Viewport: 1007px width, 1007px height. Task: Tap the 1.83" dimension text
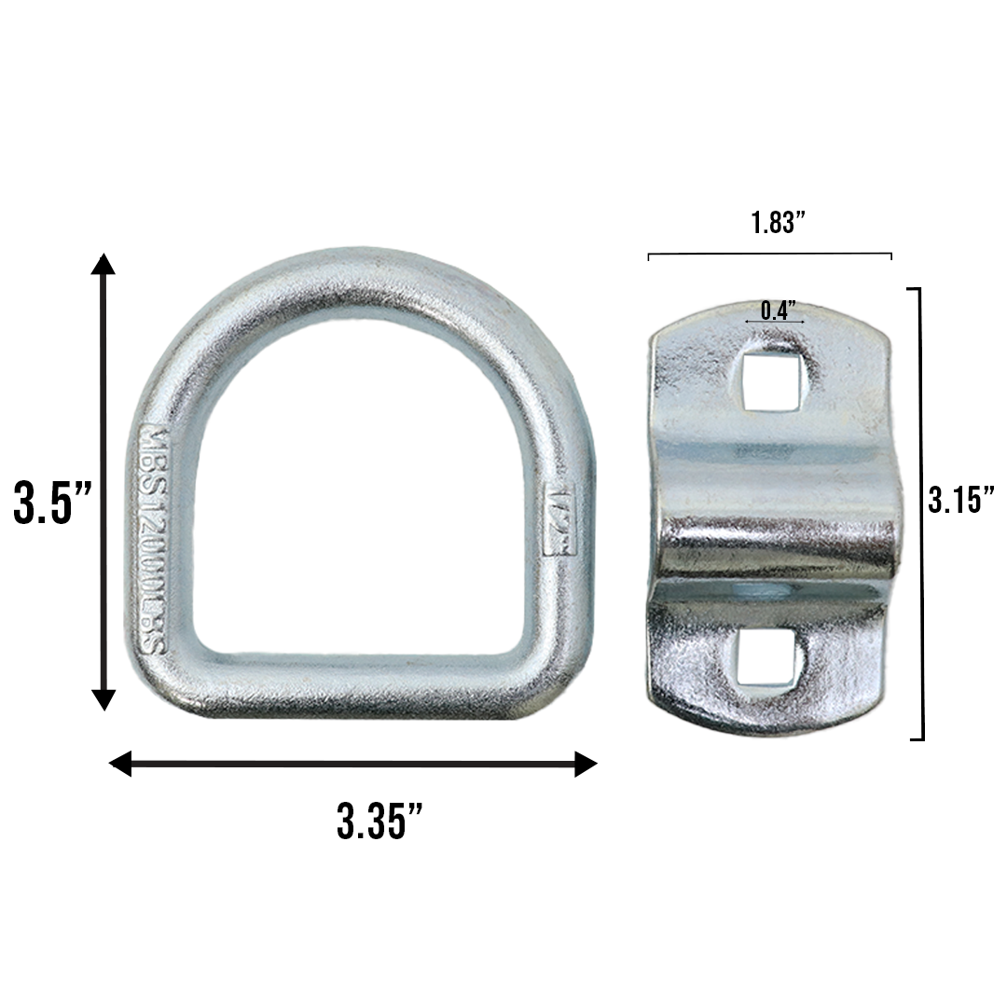pos(777,223)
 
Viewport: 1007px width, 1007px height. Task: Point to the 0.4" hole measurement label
pos(777,310)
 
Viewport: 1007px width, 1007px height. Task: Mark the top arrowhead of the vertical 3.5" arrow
pos(103,264)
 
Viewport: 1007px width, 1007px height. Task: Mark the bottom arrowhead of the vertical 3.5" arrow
pos(103,699)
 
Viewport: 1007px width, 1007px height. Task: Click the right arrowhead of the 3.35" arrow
pos(585,765)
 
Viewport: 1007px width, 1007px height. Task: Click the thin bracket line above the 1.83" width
pos(770,253)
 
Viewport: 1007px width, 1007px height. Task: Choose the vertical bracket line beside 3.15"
pos(921,513)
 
